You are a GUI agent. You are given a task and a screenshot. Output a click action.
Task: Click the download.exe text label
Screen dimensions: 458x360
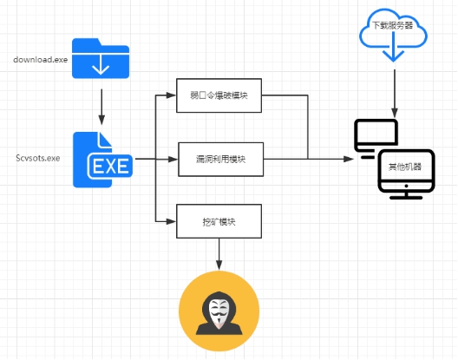point(40,60)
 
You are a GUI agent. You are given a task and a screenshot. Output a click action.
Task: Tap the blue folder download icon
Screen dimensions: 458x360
point(101,58)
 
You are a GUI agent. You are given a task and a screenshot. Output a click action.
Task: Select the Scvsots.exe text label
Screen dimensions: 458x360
point(38,158)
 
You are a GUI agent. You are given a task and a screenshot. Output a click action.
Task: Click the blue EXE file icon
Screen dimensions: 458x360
point(102,160)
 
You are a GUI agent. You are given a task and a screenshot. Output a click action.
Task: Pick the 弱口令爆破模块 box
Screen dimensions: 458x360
point(219,95)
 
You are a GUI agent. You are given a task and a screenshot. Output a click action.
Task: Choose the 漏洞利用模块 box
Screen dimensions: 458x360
point(220,160)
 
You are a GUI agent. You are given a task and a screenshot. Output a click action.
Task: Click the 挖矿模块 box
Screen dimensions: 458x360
point(219,221)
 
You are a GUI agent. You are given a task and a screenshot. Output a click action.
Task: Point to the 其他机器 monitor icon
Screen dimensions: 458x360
point(406,174)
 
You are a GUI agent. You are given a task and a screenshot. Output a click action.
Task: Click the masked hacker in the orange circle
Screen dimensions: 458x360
point(219,311)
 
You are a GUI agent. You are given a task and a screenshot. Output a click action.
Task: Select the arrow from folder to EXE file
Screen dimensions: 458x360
point(101,107)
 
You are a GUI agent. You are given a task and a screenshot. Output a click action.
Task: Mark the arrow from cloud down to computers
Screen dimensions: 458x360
point(395,94)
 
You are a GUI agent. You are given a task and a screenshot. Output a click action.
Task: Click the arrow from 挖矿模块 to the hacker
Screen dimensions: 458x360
point(219,254)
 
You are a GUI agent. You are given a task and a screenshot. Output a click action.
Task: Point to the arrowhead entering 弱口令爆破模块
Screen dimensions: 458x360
point(171,95)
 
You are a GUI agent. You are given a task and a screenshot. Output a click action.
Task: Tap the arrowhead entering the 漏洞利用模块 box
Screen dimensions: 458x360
point(173,160)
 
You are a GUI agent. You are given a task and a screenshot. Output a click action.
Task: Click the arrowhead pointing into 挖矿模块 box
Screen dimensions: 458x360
point(171,221)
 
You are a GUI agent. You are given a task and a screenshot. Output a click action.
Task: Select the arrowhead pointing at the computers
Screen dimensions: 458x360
point(349,159)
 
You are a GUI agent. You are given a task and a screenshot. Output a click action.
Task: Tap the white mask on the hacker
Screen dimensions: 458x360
point(219,311)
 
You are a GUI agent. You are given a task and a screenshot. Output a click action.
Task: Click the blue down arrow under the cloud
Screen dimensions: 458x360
point(393,48)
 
